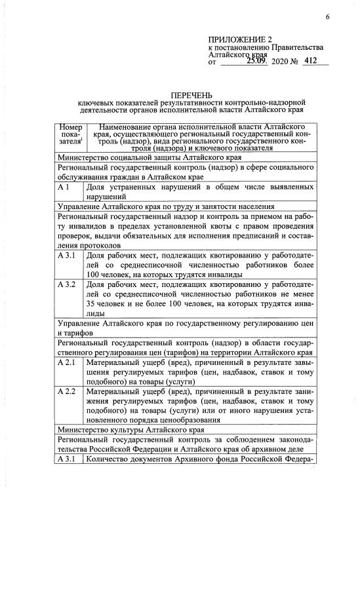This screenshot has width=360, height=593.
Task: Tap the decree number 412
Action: [311, 62]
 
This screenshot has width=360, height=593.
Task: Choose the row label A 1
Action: [64, 189]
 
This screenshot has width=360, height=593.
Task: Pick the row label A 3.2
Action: [68, 286]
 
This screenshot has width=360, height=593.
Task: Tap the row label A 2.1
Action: [68, 362]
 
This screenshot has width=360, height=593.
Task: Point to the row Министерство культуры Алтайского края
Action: [132, 430]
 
